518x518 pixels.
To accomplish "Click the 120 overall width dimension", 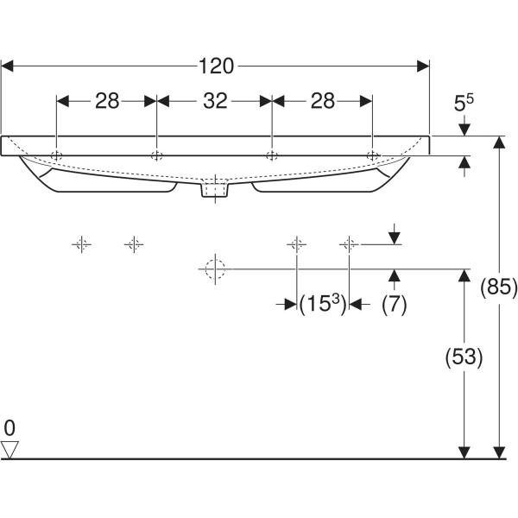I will pyautogui.click(x=216, y=66).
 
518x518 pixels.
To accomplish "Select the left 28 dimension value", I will pyautogui.click(x=107, y=101).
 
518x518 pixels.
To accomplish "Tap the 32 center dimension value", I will pyautogui.click(x=215, y=101).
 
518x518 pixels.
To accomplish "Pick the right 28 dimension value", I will pyautogui.click(x=322, y=101).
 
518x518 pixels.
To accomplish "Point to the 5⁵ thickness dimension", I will pyautogui.click(x=464, y=104).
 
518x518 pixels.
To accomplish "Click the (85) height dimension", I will pyautogui.click(x=498, y=287).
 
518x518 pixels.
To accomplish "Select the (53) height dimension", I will pyautogui.click(x=464, y=356).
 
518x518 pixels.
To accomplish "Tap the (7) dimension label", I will pyautogui.click(x=394, y=304).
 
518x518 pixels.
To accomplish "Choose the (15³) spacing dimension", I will pyautogui.click(x=322, y=304).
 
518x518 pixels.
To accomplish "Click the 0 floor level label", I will pyautogui.click(x=9, y=427).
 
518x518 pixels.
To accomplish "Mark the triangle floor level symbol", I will pyautogui.click(x=9, y=448).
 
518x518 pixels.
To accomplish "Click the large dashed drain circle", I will pyautogui.click(x=213, y=269).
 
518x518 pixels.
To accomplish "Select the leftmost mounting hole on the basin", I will pyautogui.click(x=56, y=155).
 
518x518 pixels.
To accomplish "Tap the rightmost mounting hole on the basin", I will pyautogui.click(x=372, y=155).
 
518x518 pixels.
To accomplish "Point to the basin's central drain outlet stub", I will pyautogui.click(x=213, y=189).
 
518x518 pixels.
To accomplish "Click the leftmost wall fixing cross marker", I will pyautogui.click(x=80, y=244).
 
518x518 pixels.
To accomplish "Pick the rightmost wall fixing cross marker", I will pyautogui.click(x=348, y=244).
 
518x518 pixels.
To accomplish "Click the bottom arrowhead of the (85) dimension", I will pyautogui.click(x=498, y=452).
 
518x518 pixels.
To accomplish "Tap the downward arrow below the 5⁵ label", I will pyautogui.click(x=464, y=129).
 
